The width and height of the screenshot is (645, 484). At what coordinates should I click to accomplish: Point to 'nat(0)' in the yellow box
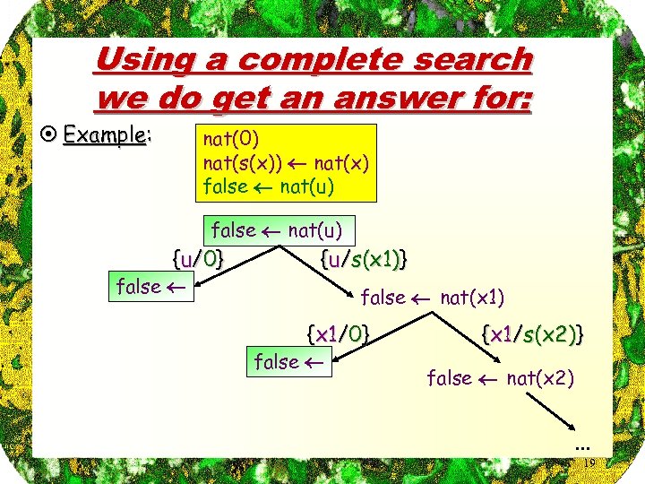[x=231, y=139]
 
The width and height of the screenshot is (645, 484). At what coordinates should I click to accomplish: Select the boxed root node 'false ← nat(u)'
[x=277, y=230]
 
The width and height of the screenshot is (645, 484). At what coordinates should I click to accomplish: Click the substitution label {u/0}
[x=197, y=260]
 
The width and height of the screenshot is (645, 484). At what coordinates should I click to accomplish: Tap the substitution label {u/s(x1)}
[x=363, y=260]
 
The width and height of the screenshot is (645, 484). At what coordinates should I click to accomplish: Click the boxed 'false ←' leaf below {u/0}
[x=150, y=287]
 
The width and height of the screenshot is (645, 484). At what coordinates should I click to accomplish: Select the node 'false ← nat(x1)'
[x=432, y=297]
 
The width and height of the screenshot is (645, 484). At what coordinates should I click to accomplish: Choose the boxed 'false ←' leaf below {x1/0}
[x=288, y=362]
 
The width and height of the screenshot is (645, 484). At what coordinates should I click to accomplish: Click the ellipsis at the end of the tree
[x=582, y=445]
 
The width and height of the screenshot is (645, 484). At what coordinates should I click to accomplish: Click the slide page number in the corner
[x=591, y=462]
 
